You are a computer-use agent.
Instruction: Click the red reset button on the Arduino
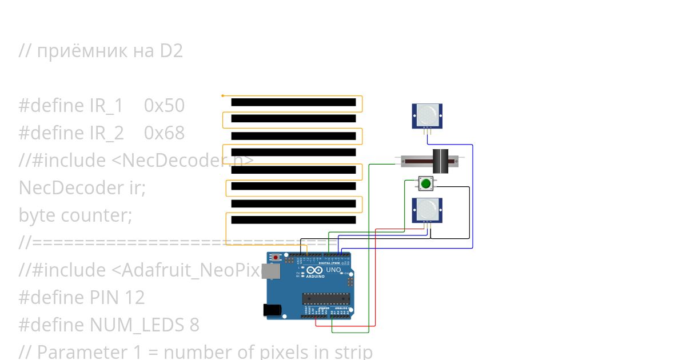[276, 258]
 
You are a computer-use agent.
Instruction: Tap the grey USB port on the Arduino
[268, 271]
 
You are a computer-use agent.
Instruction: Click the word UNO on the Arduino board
[333, 270]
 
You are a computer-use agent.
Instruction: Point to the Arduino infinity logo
[314, 270]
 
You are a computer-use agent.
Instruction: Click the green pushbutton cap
[425, 183]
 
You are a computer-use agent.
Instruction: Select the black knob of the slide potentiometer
[441, 161]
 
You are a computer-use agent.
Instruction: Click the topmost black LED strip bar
[293, 102]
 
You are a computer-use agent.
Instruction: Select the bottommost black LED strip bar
[293, 220]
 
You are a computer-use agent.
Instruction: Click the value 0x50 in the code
[164, 106]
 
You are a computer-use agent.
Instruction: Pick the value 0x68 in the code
[164, 133]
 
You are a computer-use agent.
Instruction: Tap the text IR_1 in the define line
[106, 106]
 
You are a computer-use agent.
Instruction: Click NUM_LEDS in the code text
[132, 325]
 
